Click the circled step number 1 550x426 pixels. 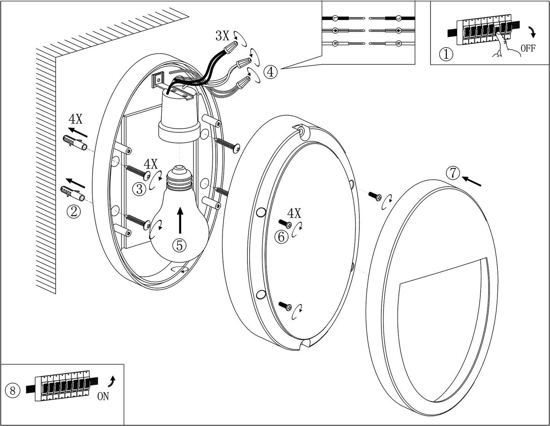tap(446, 54)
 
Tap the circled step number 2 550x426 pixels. tap(74, 212)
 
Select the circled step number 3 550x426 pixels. tap(140, 189)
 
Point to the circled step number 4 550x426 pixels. tap(270, 72)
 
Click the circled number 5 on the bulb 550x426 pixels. tap(179, 245)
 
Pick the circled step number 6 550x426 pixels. tap(281, 237)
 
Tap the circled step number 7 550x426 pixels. tap(453, 174)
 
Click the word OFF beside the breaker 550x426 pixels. tap(528, 48)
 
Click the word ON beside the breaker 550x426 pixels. tap(103, 396)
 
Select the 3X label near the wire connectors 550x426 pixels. tap(222, 36)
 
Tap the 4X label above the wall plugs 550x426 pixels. tap(76, 119)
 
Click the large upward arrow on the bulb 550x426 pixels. tap(180, 220)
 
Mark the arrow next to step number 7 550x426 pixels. tap(471, 181)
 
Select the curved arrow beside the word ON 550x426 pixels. tap(112, 385)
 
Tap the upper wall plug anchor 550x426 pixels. tap(75, 143)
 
